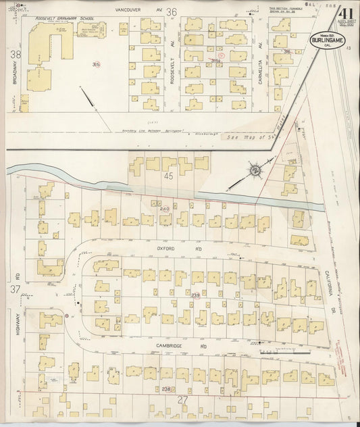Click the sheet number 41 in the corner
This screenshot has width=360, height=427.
coord(328,15)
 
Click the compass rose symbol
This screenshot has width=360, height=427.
coord(255,170)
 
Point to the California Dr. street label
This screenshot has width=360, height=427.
coord(331,276)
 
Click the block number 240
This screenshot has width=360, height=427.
coord(164,209)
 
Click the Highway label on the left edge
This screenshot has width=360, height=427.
coord(18,325)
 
